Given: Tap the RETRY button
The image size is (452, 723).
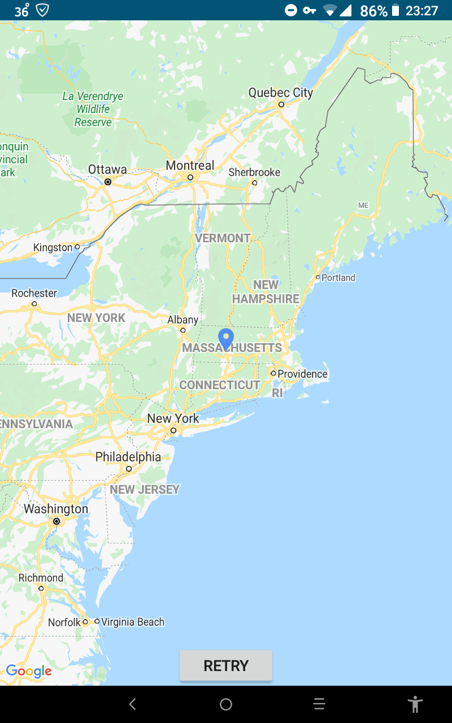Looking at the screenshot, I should coord(226,665).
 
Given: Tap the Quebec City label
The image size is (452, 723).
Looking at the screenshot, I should coord(280,93).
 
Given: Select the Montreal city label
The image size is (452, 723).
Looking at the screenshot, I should coord(190,165).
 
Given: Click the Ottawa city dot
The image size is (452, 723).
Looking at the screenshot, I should coord(107,182).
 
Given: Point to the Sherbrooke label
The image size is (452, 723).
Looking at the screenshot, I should coord(254,172).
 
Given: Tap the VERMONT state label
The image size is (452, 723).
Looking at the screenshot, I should coord(223,238).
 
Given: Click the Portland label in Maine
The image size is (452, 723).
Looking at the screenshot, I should coord(338,277).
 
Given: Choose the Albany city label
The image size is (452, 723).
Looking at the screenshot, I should coord(182,320).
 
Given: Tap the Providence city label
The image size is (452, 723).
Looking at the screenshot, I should coord(302,374).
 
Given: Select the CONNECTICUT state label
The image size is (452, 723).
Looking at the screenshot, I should coord(220,385).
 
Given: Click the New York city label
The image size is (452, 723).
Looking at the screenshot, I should coord(173,419).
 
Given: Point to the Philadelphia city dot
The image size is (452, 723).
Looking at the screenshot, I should coord(129,469).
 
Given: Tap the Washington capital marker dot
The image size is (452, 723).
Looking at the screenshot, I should coord(56,521).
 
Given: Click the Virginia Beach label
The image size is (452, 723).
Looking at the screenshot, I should coord(133,622).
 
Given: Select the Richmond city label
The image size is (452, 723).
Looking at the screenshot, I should coord(41,578).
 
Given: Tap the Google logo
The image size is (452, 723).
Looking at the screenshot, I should coord(29,671).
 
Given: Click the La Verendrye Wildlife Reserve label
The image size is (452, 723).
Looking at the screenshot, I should coord(93,109).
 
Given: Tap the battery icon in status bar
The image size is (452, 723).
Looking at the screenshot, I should coord(395,10).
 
